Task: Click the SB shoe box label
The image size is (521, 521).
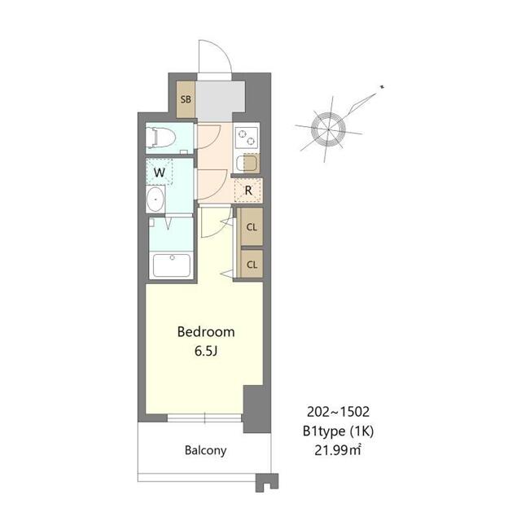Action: pos(186,100)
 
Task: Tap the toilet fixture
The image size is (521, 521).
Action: pos(162,138)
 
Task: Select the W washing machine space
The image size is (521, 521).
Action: pos(160,173)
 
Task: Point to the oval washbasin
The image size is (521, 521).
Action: pos(154,201)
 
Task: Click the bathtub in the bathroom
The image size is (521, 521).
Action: pos(171,265)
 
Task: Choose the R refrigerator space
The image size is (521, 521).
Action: pos(247,192)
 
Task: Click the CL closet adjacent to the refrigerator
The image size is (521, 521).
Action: pos(252,227)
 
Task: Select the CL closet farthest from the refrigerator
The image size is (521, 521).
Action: pos(252,264)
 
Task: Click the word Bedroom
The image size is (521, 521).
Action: pos(206,332)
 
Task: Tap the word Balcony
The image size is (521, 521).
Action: pos(205,450)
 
